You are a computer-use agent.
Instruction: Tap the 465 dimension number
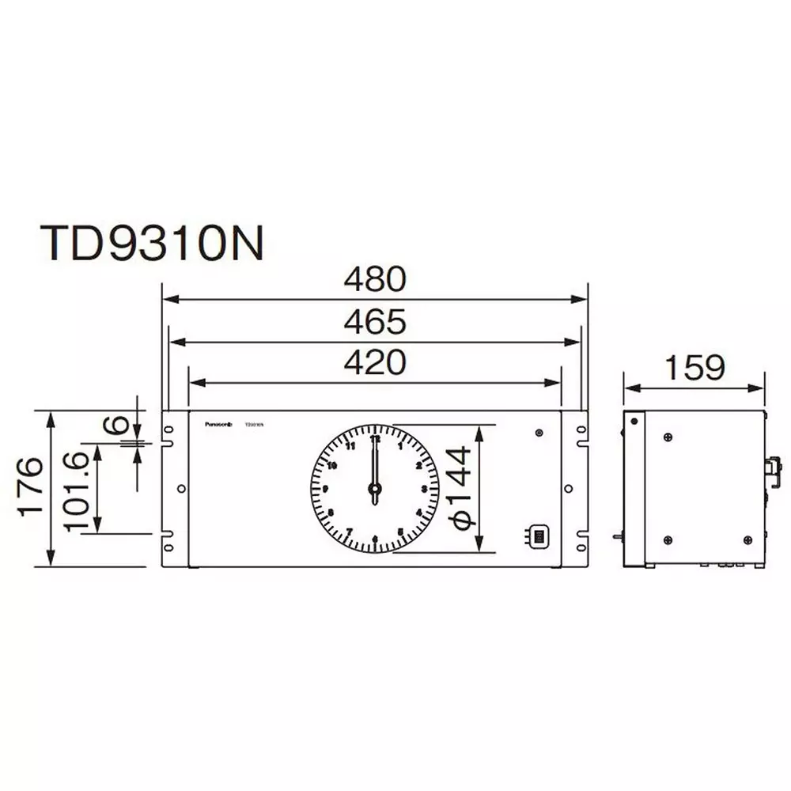tap(374, 322)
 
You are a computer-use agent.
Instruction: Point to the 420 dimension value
tap(374, 362)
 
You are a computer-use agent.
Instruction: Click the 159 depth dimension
tap(694, 368)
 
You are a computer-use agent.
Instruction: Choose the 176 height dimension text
tap(32, 486)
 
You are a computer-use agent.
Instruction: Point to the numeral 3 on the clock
tap(425, 490)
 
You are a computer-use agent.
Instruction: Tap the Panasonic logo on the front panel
tap(217, 424)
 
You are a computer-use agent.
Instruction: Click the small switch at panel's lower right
tap(537, 537)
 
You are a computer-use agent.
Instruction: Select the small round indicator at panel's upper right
tap(539, 433)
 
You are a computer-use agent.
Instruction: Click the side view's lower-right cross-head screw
tap(747, 539)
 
